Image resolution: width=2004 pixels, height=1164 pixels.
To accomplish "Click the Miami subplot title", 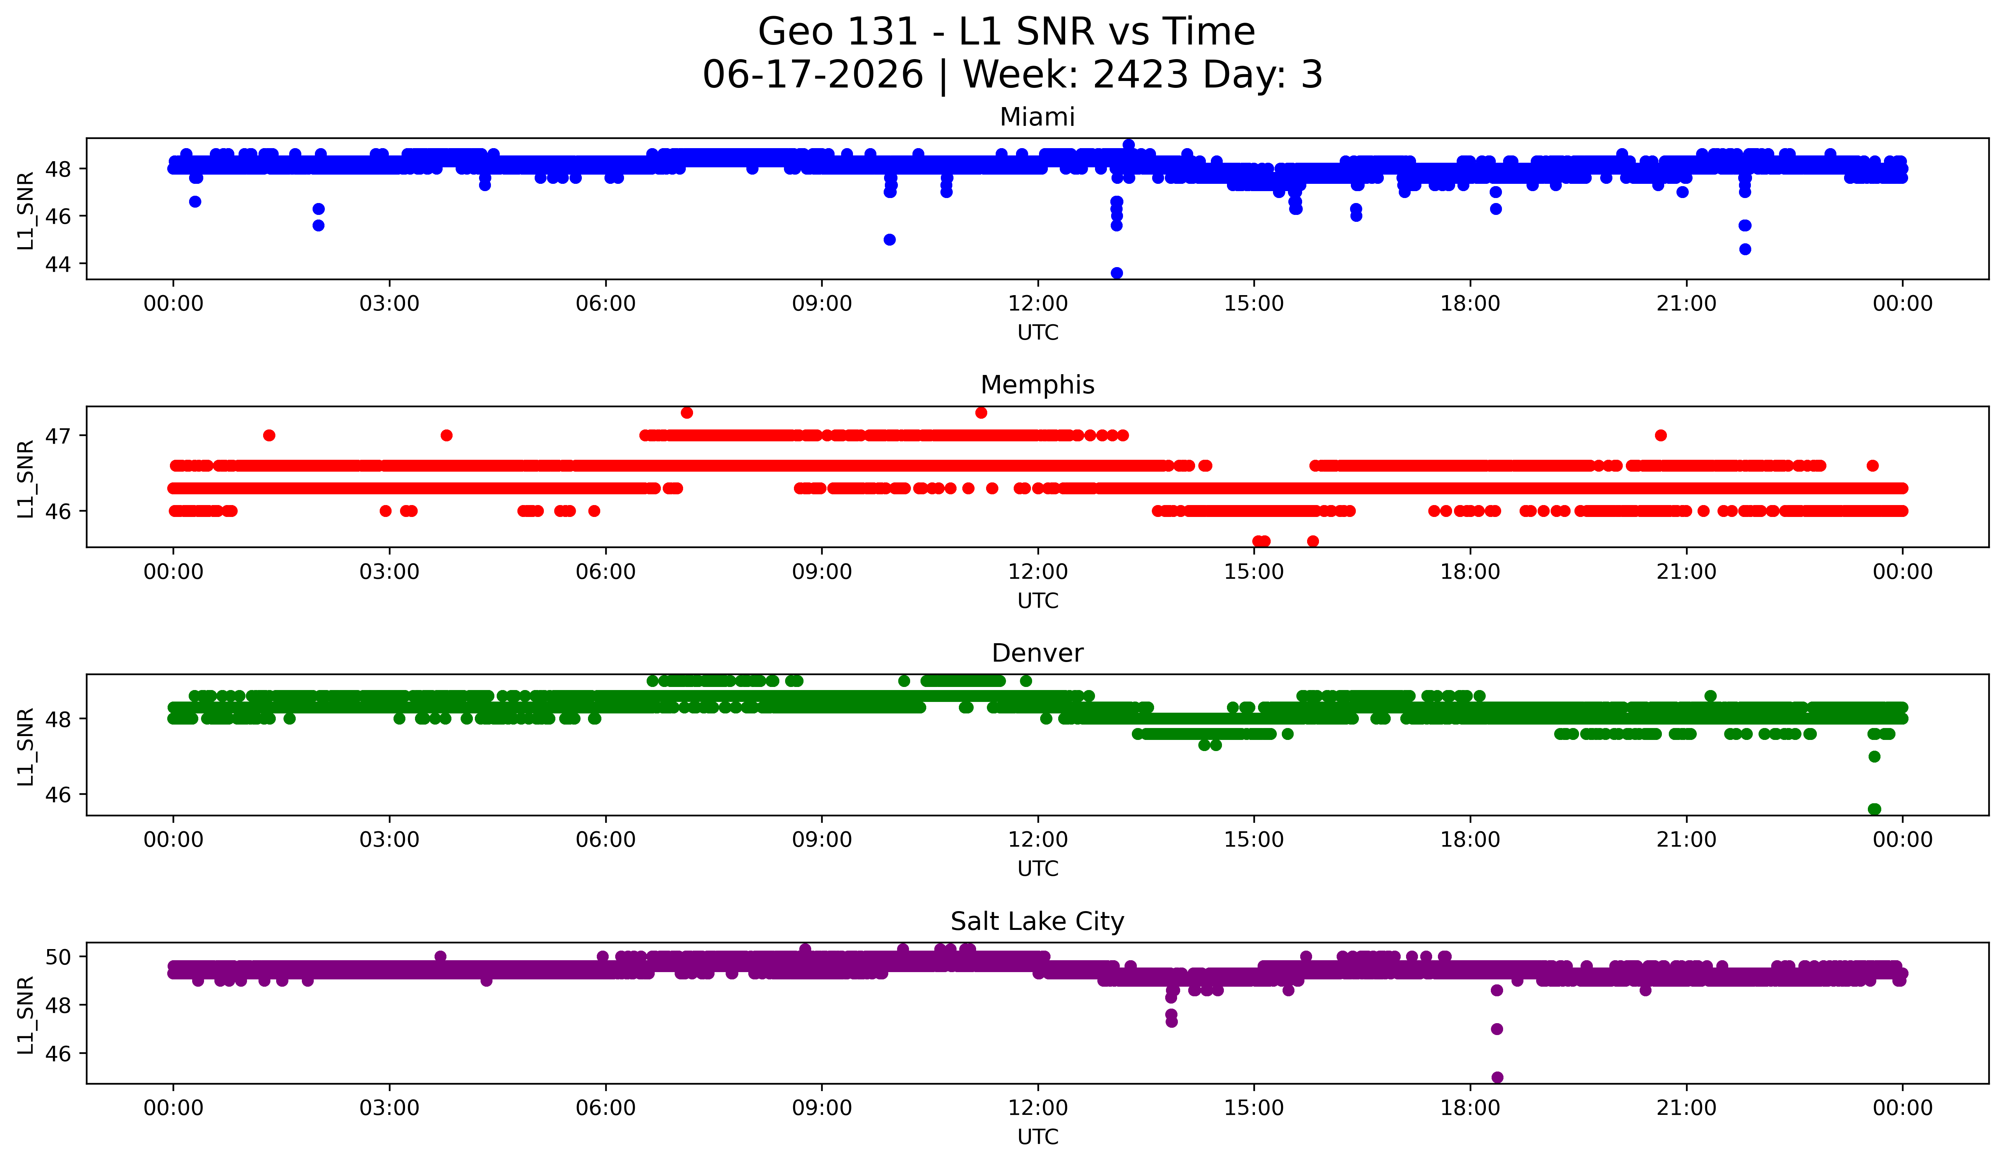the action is coord(1037,117).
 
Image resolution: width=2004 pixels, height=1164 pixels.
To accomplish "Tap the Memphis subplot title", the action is coord(1037,385).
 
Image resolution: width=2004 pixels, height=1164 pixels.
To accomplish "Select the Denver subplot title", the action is coord(1037,653).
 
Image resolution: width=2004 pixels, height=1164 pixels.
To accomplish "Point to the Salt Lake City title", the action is coord(1037,921).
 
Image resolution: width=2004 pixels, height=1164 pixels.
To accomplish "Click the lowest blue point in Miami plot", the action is coord(1116,273).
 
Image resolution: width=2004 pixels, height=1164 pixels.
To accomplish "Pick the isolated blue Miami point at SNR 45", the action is coord(890,239).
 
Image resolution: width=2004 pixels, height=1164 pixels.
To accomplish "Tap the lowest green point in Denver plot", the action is coord(1874,809).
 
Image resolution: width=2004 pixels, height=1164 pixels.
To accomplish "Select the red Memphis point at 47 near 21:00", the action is coord(1660,435).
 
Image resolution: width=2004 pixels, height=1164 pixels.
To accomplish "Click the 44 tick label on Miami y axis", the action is coord(58,264).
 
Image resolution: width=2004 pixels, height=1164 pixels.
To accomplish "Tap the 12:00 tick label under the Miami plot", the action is coord(1038,304).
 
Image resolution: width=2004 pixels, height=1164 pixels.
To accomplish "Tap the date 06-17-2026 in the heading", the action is coord(813,75).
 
